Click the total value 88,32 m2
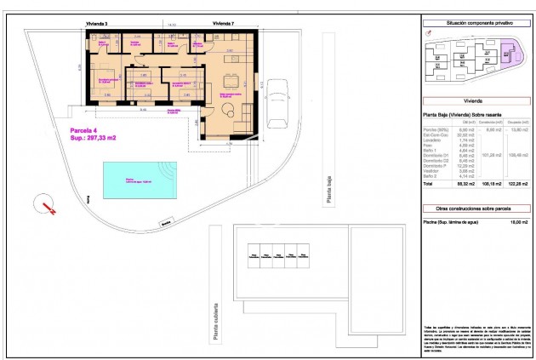(x=465, y=183)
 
